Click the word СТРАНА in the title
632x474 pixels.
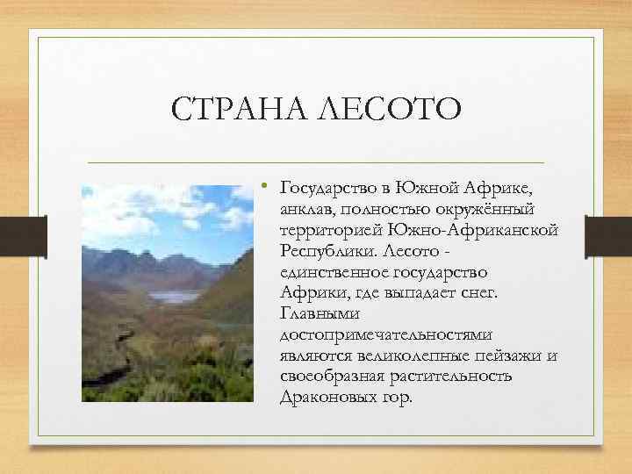231,111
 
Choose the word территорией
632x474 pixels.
329,230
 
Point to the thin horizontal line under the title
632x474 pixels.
316,163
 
